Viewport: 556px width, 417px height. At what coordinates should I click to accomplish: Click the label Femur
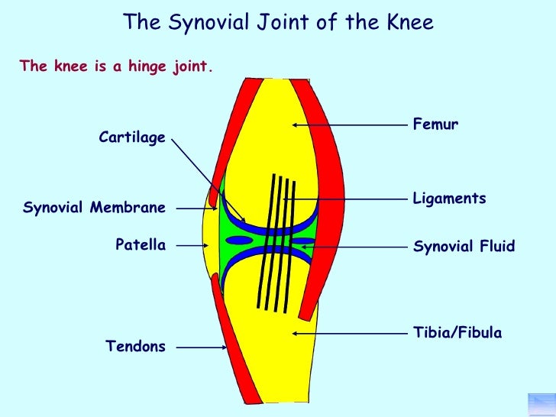tap(435, 124)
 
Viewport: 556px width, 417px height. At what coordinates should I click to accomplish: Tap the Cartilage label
tap(132, 137)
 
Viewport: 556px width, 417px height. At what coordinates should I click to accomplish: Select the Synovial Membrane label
tap(95, 207)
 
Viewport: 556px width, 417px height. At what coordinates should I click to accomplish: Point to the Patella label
tap(141, 244)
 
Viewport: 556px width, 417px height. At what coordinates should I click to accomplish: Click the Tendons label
tap(135, 347)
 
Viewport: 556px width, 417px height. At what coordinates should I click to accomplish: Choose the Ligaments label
tap(449, 199)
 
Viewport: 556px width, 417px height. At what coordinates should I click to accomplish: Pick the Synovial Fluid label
tap(464, 246)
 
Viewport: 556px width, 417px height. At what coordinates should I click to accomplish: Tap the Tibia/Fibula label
tap(457, 333)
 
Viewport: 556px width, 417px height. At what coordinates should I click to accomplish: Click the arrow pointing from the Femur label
tap(347, 124)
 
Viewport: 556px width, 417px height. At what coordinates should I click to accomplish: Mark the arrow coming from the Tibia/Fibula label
tap(347, 333)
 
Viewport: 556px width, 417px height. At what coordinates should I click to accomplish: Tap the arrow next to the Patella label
tap(191, 245)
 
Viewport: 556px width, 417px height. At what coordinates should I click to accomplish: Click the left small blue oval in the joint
tap(239, 240)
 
